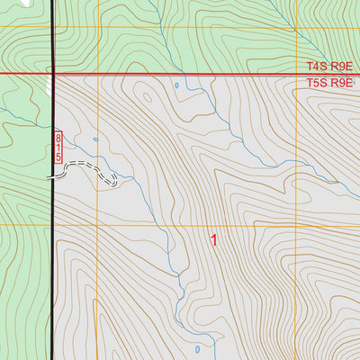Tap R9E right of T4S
340,67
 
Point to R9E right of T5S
340,83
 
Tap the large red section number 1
214,240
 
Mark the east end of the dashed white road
117,183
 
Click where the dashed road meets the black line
52,177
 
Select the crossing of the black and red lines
52,74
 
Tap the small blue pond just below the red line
176,86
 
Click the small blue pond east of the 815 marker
95,140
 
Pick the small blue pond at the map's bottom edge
197,348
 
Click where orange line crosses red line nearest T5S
297,74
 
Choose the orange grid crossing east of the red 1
296,225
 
